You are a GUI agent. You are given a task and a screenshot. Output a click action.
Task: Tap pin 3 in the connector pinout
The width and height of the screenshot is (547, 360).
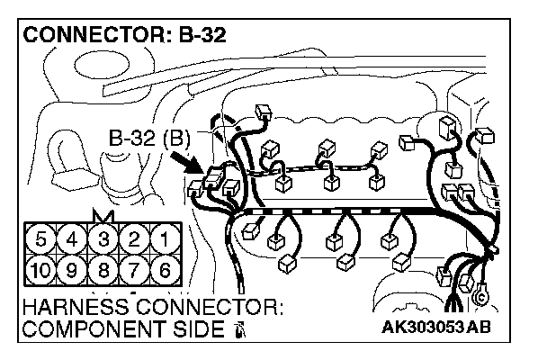(x=103, y=240)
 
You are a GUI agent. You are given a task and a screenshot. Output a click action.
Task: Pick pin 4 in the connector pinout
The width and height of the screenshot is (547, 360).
(x=74, y=240)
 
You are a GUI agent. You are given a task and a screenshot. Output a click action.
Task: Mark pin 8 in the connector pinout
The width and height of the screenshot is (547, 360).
(x=103, y=269)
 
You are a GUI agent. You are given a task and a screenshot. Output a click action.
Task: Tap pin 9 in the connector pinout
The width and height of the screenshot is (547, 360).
(x=74, y=269)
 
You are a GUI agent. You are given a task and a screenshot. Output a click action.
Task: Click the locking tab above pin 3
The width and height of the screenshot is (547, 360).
(x=103, y=216)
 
